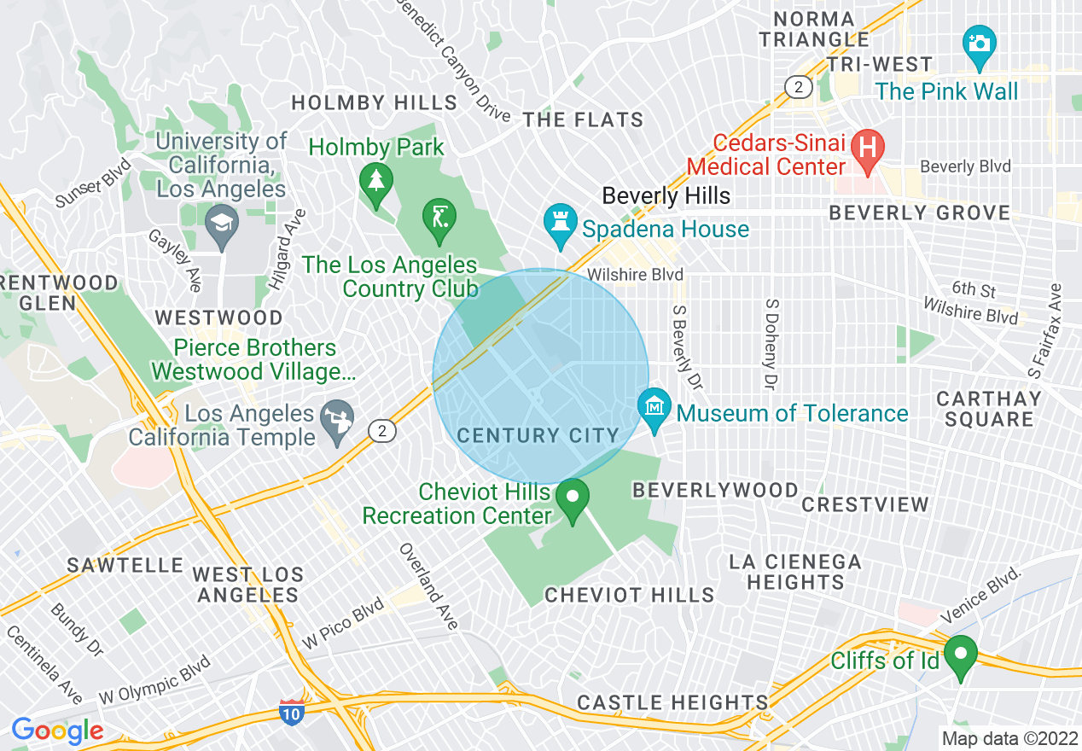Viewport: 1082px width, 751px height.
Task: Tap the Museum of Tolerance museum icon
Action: point(654,405)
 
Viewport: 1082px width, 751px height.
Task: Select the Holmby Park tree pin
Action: point(375,180)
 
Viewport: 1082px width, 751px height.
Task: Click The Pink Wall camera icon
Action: point(979,40)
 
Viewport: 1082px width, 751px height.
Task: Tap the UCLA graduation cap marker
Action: point(222,222)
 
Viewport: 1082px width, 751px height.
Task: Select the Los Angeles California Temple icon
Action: point(336,417)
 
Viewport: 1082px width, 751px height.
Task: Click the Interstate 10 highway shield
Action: point(291,712)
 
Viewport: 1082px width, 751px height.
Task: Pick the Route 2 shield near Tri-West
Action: point(798,86)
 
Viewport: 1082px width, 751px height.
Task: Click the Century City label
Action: point(538,436)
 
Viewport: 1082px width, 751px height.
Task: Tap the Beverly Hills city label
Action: point(666,195)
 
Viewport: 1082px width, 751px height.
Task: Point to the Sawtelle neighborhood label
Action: point(125,565)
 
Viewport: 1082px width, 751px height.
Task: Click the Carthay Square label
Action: point(989,409)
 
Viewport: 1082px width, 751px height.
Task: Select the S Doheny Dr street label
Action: point(771,345)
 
